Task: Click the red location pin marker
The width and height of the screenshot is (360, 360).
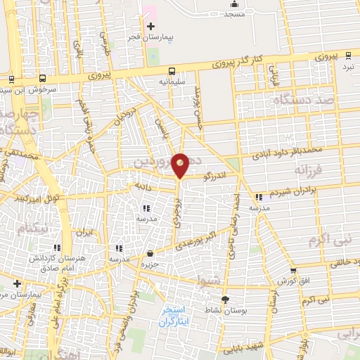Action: pyautogui.click(x=181, y=165)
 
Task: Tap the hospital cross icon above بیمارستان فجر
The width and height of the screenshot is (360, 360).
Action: pyautogui.click(x=150, y=26)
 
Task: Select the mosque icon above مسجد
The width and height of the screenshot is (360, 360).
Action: pyautogui.click(x=234, y=6)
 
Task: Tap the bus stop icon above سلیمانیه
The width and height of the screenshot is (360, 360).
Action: pyautogui.click(x=172, y=70)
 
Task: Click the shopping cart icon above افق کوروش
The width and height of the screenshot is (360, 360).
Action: pyautogui.click(x=293, y=270)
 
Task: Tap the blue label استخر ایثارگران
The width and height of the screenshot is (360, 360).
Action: pyautogui.click(x=172, y=316)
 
